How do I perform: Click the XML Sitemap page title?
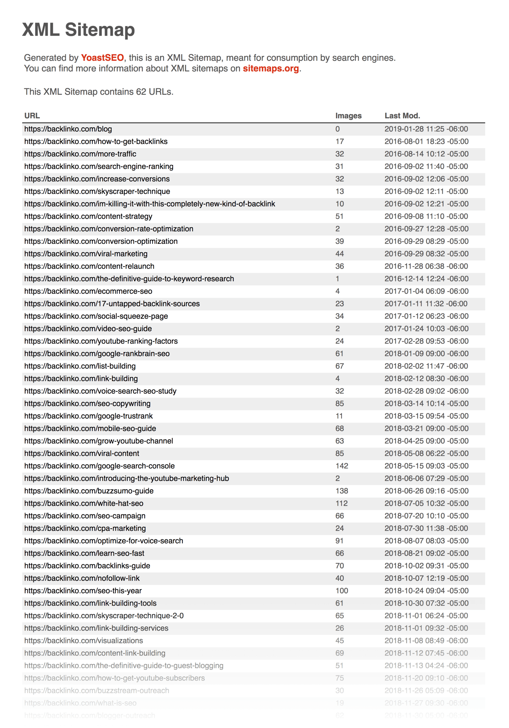78,30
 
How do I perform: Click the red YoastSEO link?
102,58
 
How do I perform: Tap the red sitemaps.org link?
271,69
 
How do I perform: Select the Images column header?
348,116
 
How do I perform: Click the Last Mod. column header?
402,116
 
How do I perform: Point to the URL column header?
32,116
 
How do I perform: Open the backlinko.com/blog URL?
68,129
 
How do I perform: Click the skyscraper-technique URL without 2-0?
97,191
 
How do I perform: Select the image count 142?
341,466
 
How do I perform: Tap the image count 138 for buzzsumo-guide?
341,491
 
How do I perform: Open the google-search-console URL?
99,466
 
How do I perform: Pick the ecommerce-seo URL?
88,291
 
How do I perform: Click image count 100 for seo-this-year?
341,591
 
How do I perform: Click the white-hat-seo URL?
84,503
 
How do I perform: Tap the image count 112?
341,503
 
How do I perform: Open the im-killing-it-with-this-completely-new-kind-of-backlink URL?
150,204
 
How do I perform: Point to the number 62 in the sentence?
141,92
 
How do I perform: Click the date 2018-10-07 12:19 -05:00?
426,578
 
